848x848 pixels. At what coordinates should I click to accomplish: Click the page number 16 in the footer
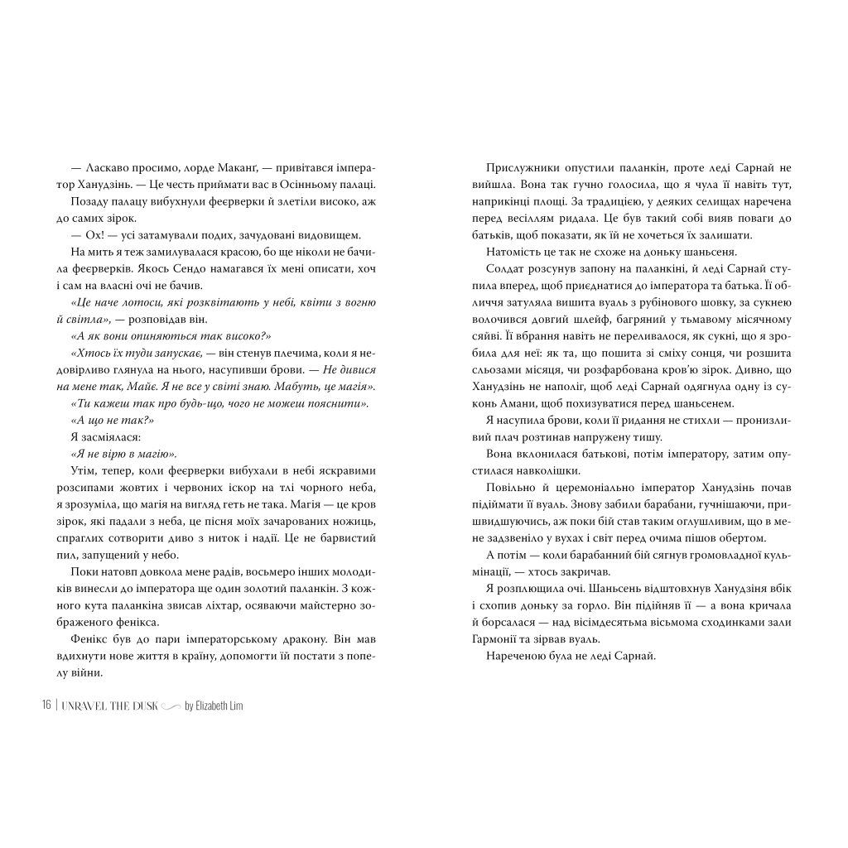click(x=46, y=705)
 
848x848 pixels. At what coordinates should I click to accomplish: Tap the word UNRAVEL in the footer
click(x=80, y=705)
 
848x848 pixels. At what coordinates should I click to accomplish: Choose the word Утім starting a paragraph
click(x=84, y=471)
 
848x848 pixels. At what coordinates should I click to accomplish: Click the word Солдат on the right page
click(x=505, y=269)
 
